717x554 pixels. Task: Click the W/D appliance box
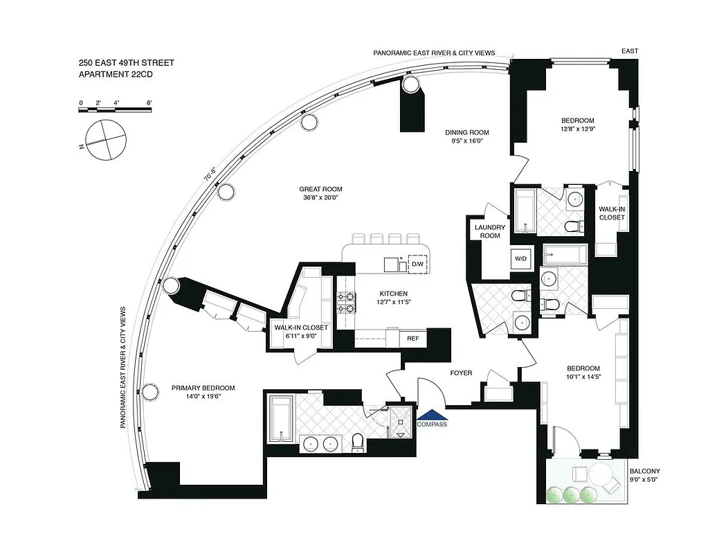click(520, 258)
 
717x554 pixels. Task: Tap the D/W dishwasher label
click(417, 265)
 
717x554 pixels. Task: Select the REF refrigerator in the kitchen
click(412, 339)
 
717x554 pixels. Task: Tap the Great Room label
click(320, 189)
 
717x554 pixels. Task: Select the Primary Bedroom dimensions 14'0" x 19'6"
click(203, 397)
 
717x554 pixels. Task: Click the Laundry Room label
click(490, 231)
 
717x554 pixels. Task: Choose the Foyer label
click(461, 373)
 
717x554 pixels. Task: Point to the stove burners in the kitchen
click(345, 303)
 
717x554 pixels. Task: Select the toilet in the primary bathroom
click(358, 441)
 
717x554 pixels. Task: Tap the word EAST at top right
click(630, 51)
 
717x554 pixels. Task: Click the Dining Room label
click(466, 132)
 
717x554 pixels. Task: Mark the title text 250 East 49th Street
click(126, 63)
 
